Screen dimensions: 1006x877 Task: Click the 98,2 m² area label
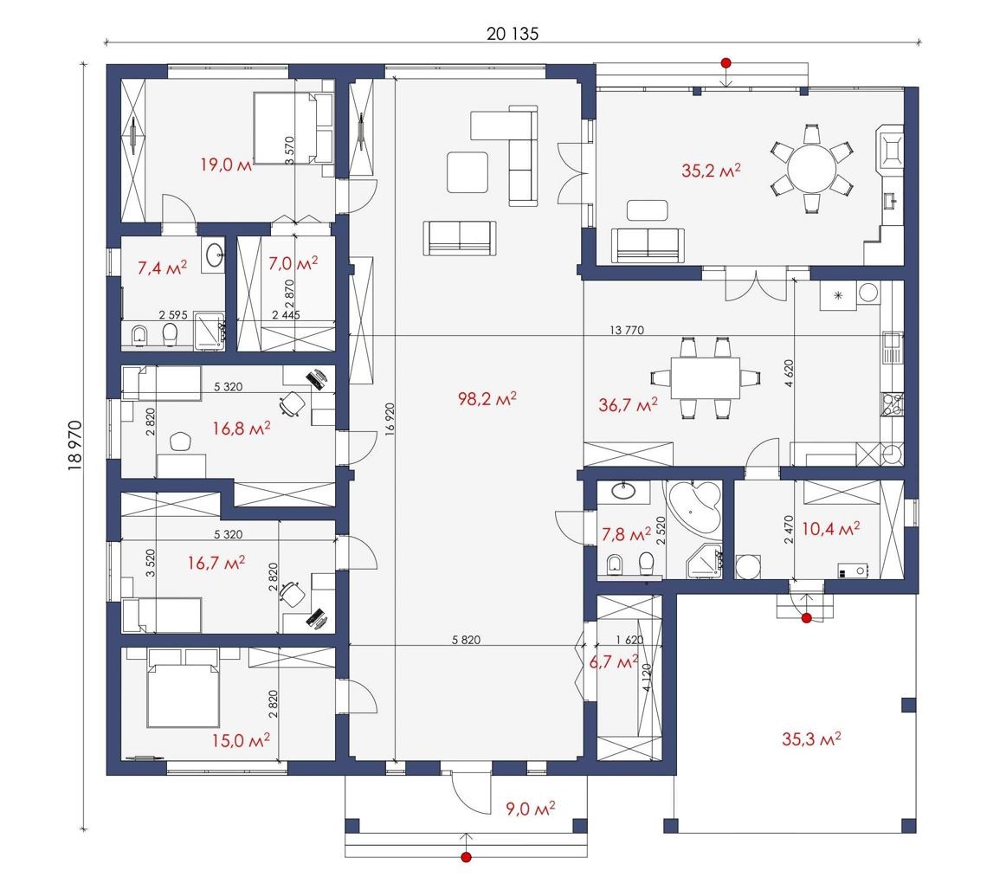(x=487, y=399)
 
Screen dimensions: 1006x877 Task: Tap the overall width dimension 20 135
(x=512, y=34)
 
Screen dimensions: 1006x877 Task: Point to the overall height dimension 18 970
(x=75, y=445)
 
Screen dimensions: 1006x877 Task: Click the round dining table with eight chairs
(x=811, y=169)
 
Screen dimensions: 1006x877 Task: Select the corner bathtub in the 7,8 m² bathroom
(x=695, y=506)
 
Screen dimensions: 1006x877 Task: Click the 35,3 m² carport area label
(x=811, y=739)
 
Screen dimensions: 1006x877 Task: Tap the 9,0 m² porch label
(x=531, y=809)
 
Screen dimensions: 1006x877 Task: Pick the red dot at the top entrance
(x=725, y=63)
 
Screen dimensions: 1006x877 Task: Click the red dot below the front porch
(x=467, y=857)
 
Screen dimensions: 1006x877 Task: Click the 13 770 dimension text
(x=627, y=331)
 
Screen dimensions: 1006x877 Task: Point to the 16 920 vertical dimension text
(x=390, y=420)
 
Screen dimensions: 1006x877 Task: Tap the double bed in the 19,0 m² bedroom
(x=287, y=128)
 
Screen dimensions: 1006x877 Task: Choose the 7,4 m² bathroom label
(x=162, y=268)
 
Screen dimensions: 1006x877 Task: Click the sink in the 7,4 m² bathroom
(x=215, y=254)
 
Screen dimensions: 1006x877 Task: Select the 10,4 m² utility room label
(x=831, y=529)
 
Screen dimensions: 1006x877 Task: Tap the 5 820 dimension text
(x=466, y=640)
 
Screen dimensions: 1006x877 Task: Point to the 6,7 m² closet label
(x=614, y=661)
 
